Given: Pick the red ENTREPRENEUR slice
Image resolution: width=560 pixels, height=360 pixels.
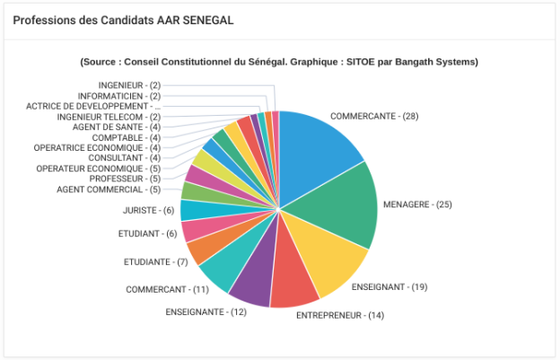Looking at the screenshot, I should (293, 282).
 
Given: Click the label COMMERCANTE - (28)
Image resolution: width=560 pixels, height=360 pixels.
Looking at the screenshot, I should (374, 117).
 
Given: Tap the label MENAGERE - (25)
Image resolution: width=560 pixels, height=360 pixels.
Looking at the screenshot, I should (417, 205).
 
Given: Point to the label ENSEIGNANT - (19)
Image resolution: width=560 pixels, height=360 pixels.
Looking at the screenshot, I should (389, 286).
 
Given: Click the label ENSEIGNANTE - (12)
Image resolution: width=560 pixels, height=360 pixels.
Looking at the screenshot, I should (206, 312).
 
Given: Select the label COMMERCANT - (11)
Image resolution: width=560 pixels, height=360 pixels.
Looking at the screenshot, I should (167, 290).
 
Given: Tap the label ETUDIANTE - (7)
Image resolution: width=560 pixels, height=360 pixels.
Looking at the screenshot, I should (154, 262).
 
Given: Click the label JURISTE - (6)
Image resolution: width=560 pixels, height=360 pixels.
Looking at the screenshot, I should (149, 210).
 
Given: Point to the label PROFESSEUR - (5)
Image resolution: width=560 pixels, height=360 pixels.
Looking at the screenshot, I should (124, 179).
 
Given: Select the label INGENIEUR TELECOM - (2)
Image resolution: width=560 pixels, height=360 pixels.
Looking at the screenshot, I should (109, 117).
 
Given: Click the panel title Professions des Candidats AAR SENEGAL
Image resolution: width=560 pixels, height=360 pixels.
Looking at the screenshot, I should (123, 21).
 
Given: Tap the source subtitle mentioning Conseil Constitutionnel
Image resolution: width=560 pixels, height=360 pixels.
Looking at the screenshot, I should (279, 62).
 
